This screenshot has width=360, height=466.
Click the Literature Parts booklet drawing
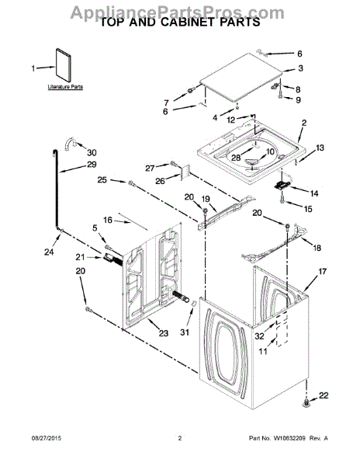pos(63,68)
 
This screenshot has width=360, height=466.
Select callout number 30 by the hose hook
pos(92,152)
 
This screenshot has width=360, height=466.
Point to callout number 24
pos(50,252)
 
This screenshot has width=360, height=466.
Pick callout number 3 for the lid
pos(299,68)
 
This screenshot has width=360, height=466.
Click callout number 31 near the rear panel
pos(185,334)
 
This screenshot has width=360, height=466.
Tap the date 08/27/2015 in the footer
pos(33,458)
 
